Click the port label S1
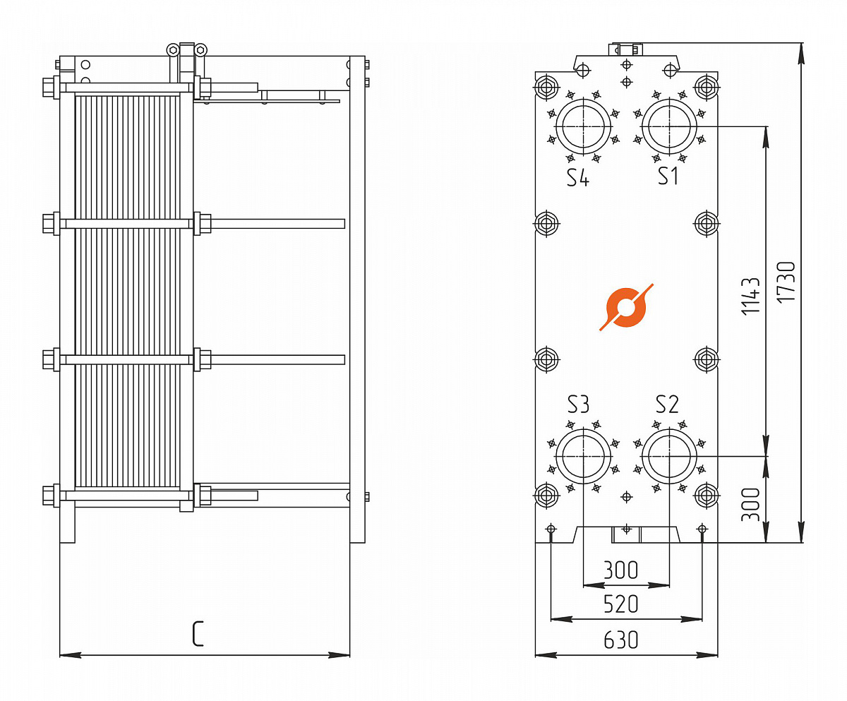[x=667, y=176]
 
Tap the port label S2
[x=667, y=405]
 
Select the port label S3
[x=578, y=405]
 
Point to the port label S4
[x=578, y=178]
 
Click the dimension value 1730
[x=786, y=282]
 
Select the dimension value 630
[x=620, y=640]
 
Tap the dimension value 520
[x=620, y=604]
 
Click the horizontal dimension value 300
[x=620, y=570]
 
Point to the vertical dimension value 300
[x=750, y=505]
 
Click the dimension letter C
[x=198, y=634]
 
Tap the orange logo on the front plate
[x=626, y=307]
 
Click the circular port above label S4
[x=583, y=126]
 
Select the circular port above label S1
[x=669, y=126]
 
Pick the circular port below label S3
[x=583, y=456]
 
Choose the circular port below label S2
[x=669, y=456]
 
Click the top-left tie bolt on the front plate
[x=546, y=87]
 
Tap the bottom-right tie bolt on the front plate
[x=707, y=496]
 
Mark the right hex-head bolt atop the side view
[x=200, y=50]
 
